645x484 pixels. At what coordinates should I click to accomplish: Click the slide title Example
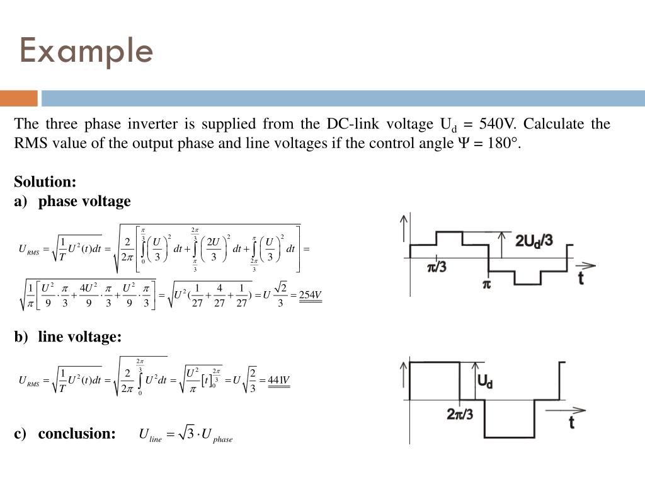(x=86, y=50)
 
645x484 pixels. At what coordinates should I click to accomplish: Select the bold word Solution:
(x=45, y=182)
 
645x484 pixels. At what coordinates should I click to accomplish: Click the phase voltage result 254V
(x=310, y=295)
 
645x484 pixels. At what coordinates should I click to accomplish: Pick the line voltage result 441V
(x=278, y=380)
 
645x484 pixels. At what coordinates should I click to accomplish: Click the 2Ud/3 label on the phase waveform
(x=534, y=241)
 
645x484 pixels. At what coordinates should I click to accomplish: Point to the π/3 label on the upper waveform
(x=437, y=267)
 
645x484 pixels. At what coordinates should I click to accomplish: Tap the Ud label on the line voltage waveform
(x=485, y=381)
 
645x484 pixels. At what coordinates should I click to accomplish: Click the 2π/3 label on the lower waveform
(x=460, y=414)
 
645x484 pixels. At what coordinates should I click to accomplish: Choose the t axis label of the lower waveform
(x=571, y=422)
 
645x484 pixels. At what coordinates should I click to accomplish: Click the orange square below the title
(x=19, y=98)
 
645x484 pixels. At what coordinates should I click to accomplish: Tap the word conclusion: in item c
(x=77, y=434)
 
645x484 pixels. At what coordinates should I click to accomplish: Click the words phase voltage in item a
(x=84, y=202)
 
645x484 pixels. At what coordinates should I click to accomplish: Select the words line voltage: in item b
(x=79, y=337)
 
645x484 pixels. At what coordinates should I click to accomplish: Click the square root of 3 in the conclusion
(x=187, y=434)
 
